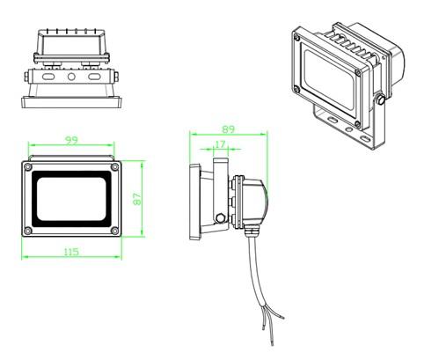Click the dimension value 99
(x=71, y=140)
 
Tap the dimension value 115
(x=71, y=252)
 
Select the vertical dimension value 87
(x=137, y=199)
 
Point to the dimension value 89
(x=228, y=129)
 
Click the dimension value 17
(x=220, y=144)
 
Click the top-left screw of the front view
(x=28, y=167)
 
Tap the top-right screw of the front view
(x=114, y=167)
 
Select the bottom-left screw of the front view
(x=28, y=231)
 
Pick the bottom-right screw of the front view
(x=114, y=231)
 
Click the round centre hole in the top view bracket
(x=71, y=77)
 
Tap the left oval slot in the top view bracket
(x=48, y=77)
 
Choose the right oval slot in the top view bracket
(x=94, y=77)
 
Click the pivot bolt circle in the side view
(x=220, y=218)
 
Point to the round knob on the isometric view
(x=381, y=99)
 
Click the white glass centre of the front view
(x=71, y=199)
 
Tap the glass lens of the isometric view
(x=329, y=79)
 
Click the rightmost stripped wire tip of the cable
(x=283, y=318)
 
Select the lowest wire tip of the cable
(x=273, y=342)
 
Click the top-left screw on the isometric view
(x=297, y=38)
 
